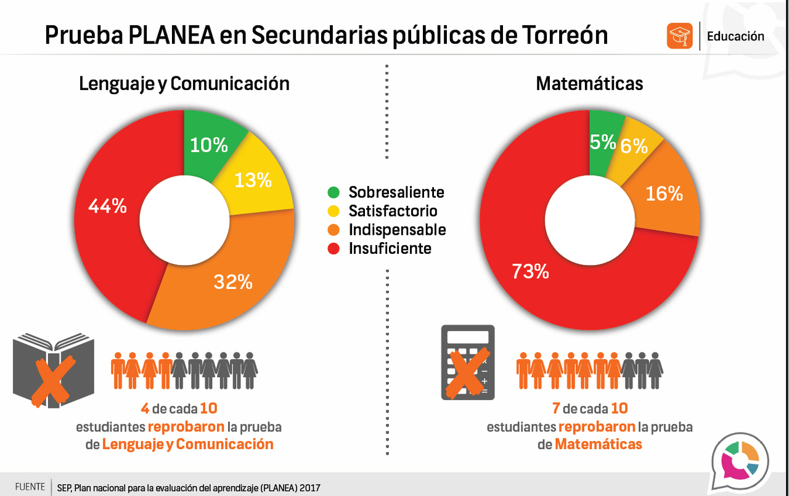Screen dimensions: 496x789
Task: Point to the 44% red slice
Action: [108, 206]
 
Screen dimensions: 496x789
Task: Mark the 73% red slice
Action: [530, 271]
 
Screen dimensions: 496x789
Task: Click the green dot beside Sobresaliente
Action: [333, 192]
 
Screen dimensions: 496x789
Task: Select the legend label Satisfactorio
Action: [393, 211]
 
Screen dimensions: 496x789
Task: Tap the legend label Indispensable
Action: [397, 230]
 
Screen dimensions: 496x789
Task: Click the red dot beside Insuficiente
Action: [333, 249]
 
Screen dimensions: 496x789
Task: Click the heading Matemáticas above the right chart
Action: [589, 84]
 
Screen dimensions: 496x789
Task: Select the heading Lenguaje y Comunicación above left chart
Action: [184, 84]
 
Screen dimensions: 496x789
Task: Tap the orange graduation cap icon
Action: [680, 36]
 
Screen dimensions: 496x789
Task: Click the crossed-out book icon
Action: [53, 370]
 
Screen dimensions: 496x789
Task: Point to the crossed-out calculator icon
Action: [468, 362]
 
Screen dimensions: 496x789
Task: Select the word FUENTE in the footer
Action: [30, 486]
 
